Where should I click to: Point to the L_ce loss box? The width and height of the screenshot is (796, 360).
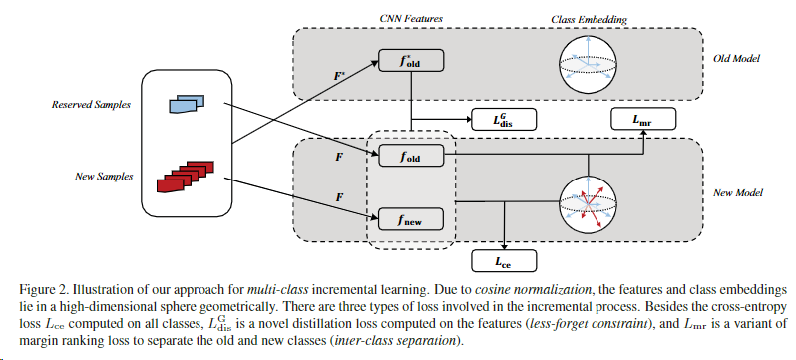tap(504, 261)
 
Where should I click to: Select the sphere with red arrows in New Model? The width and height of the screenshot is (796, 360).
tap(590, 199)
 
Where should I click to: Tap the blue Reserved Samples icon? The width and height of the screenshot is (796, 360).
tap(184, 101)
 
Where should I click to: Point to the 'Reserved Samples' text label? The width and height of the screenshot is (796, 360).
tap(84, 104)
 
